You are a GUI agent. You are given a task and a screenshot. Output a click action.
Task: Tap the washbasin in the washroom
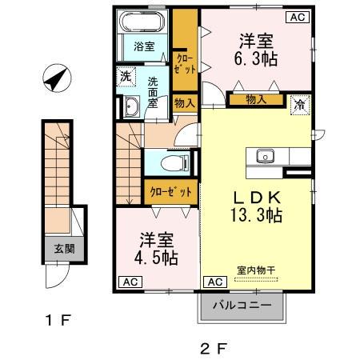click(130, 106)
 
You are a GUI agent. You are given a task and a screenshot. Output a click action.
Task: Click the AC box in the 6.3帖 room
click(297, 16)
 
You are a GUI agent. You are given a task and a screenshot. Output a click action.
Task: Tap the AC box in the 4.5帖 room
click(128, 282)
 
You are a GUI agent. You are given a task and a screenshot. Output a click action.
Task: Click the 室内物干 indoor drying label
click(255, 270)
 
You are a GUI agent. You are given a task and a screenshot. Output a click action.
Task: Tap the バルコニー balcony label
click(241, 305)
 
